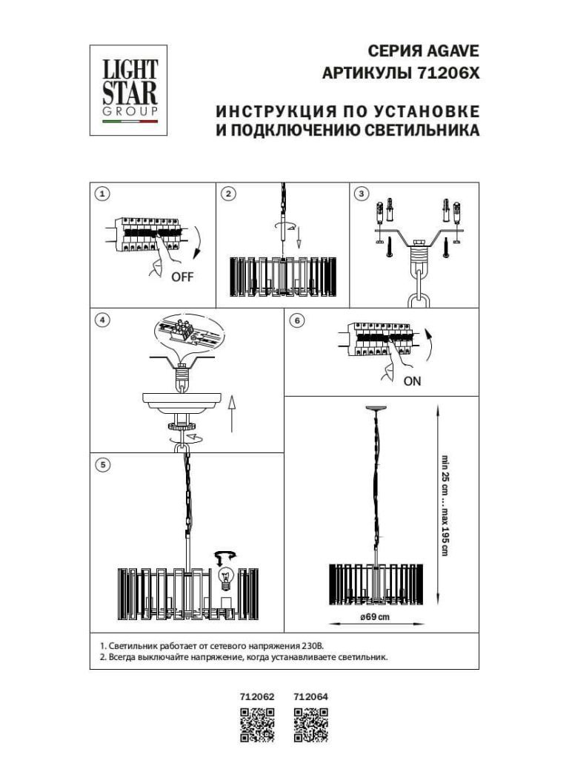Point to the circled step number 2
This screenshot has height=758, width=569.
coord(229,194)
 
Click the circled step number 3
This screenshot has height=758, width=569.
coord(362,194)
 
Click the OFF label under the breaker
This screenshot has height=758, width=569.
coord(182,277)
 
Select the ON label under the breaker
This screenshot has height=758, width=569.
coord(413,383)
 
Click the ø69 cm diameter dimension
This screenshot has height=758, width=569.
coord(375,619)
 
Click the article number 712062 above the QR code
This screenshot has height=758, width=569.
coord(258,696)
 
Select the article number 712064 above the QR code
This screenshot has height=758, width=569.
coord(311,696)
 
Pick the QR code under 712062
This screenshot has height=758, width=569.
coord(258,725)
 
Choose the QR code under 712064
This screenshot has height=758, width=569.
coord(311,725)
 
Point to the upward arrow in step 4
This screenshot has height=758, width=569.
coord(232,413)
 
